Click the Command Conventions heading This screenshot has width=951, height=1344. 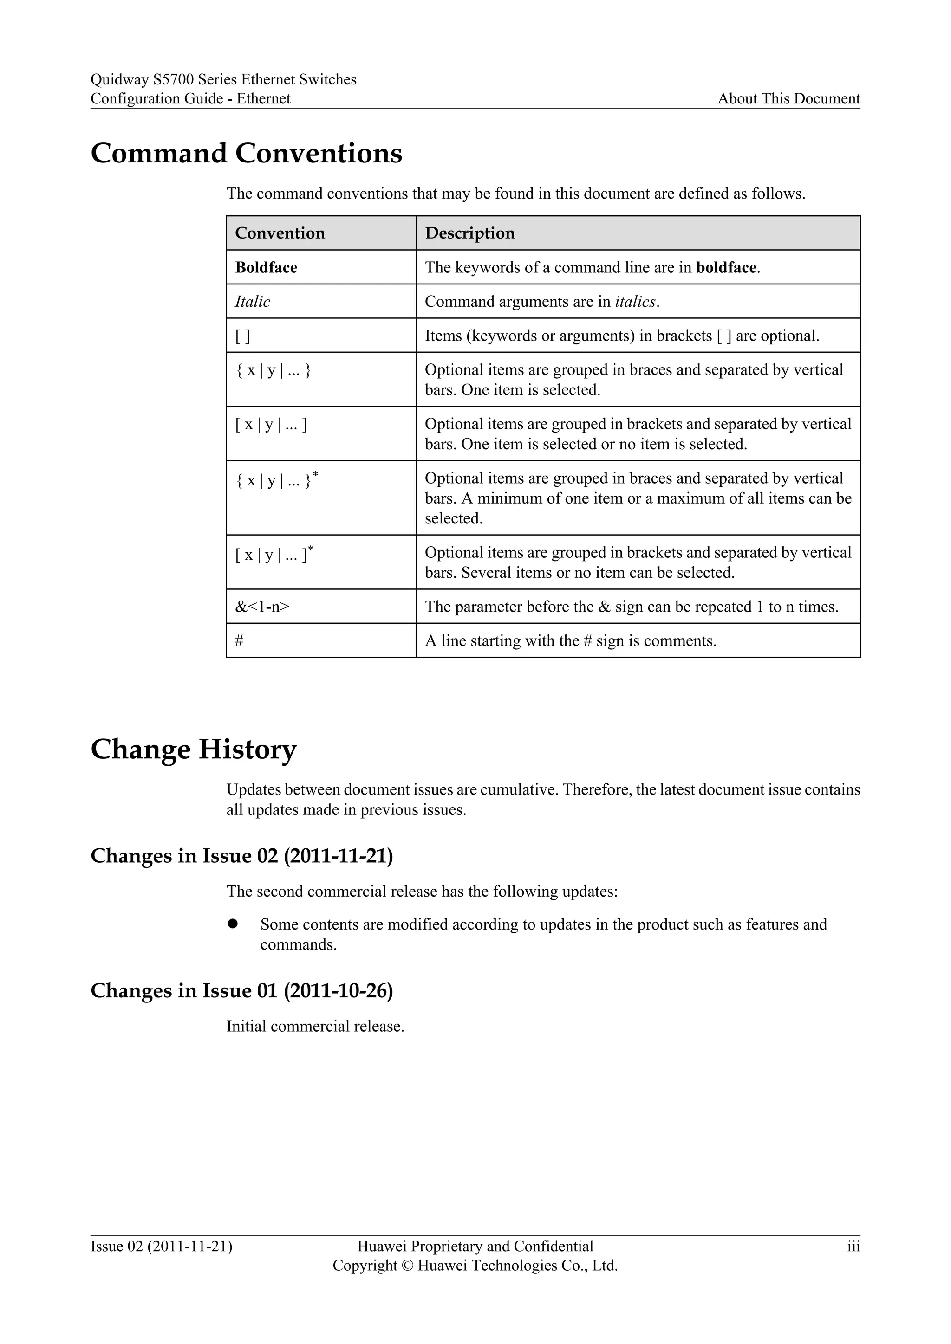pyautogui.click(x=246, y=153)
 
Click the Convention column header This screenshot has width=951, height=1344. pyautogui.click(x=280, y=233)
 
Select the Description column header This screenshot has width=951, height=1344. pyautogui.click(x=469, y=233)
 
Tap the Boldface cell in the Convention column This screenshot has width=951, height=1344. pyautogui.click(x=267, y=267)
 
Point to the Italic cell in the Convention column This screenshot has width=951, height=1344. pyautogui.click(x=253, y=302)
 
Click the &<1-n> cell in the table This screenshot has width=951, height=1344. pyautogui.click(x=262, y=607)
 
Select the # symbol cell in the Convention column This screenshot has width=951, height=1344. pyautogui.click(x=240, y=640)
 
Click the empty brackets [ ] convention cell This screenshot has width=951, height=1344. pyautogui.click(x=242, y=336)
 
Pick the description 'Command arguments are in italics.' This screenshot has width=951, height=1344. pyautogui.click(x=542, y=302)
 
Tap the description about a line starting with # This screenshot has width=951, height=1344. pyautogui.click(x=570, y=640)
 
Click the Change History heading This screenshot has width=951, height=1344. pyautogui.click(x=193, y=749)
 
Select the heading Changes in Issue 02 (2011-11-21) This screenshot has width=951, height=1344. pyautogui.click(x=241, y=856)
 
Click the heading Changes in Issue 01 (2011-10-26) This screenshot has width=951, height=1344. pyautogui.click(x=241, y=990)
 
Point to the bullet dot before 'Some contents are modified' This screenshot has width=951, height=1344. pyautogui.click(x=233, y=924)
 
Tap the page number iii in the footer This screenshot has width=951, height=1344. pyautogui.click(x=853, y=1246)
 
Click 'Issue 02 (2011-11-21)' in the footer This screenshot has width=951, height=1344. pyautogui.click(x=161, y=1246)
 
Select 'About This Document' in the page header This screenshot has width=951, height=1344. pyautogui.click(x=788, y=98)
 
